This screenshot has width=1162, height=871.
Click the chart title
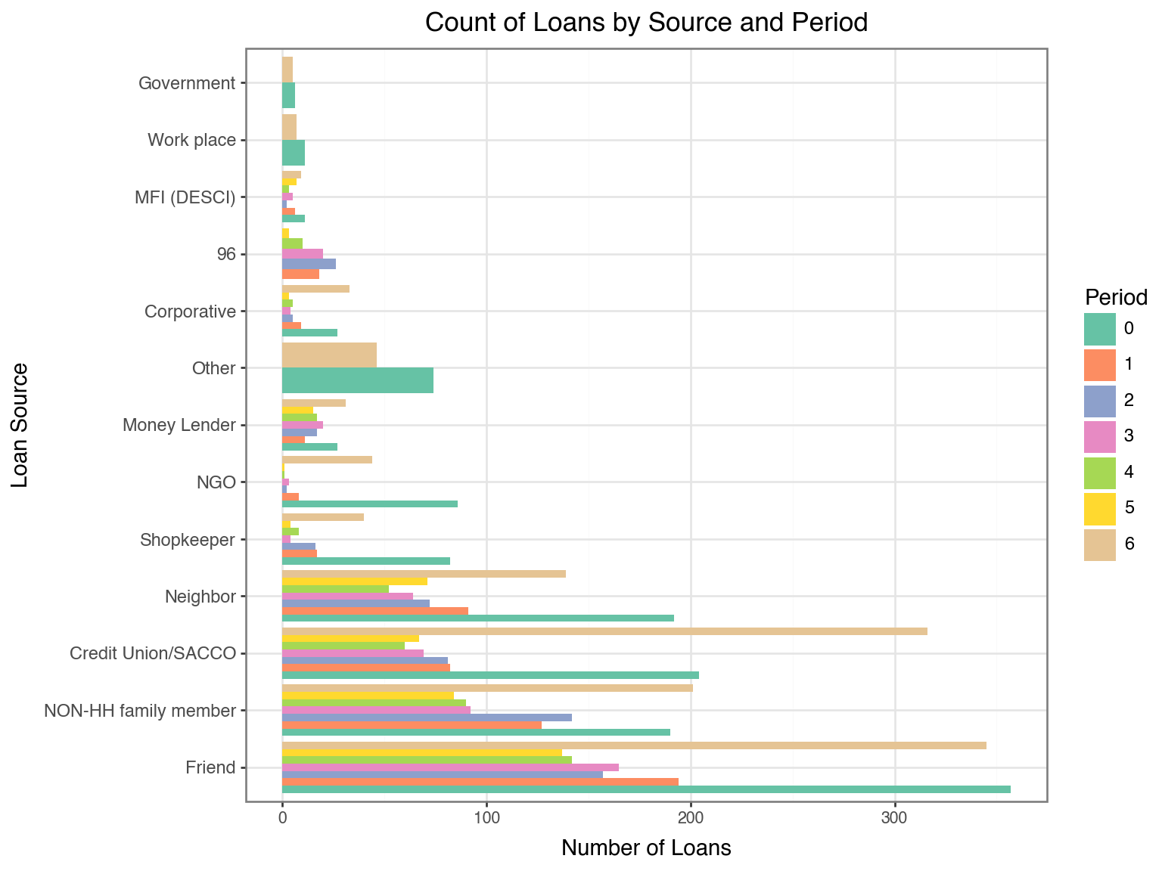[645, 23]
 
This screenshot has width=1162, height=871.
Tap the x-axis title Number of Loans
[645, 848]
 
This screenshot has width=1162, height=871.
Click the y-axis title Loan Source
[20, 425]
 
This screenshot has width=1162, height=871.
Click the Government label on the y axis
[188, 83]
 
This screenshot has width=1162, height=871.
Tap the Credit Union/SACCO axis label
[153, 653]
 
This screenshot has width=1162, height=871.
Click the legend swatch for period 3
[1099, 436]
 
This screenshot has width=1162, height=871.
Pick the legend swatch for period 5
[1099, 507]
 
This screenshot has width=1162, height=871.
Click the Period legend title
[1116, 296]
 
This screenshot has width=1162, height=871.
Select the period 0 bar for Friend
[646, 789]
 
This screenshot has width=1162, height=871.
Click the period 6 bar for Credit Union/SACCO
[604, 631]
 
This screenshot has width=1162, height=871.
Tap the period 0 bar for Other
[357, 380]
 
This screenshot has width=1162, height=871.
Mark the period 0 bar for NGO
[369, 504]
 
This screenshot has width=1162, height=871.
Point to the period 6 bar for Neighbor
[424, 574]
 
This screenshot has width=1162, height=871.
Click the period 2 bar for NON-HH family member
[427, 718]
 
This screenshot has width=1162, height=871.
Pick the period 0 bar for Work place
[293, 153]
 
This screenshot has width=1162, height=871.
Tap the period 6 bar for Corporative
[315, 289]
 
